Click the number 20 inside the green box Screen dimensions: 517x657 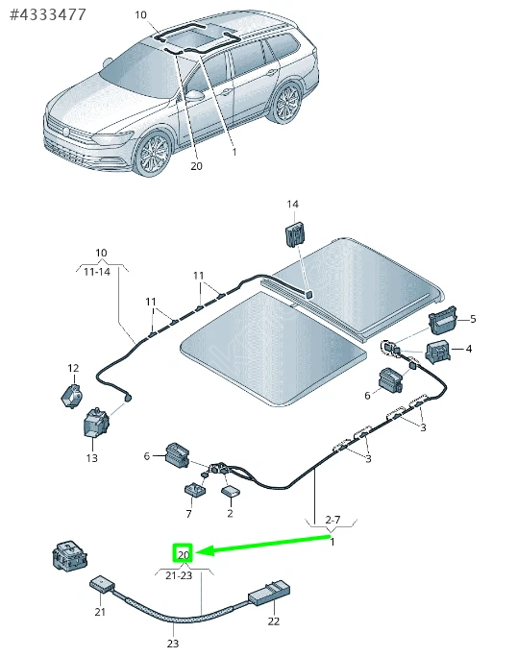pyautogui.click(x=184, y=555)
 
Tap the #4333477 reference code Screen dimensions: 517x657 pyautogui.click(x=47, y=14)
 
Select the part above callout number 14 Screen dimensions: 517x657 pyautogui.click(x=296, y=234)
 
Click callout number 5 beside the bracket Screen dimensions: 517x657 pyautogui.click(x=473, y=319)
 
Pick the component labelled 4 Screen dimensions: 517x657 pyautogui.click(x=438, y=352)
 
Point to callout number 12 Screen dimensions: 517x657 pyautogui.click(x=73, y=368)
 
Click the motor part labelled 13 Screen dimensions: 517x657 pyautogui.click(x=95, y=422)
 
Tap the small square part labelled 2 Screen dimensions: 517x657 pyautogui.click(x=230, y=491)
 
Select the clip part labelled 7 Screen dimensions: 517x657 pyautogui.click(x=194, y=490)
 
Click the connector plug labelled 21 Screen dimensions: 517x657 pyautogui.click(x=102, y=584)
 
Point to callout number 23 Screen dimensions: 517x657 pyautogui.click(x=172, y=644)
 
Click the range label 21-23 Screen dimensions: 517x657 pyautogui.click(x=179, y=575)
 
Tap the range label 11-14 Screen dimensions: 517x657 pyautogui.click(x=97, y=272)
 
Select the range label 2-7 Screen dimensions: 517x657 pyautogui.click(x=332, y=520)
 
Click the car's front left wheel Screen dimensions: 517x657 pyautogui.click(x=152, y=154)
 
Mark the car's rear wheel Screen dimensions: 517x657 pyautogui.click(x=287, y=102)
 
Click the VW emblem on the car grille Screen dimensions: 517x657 pyautogui.click(x=66, y=132)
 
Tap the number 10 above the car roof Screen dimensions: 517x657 pyautogui.click(x=140, y=15)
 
